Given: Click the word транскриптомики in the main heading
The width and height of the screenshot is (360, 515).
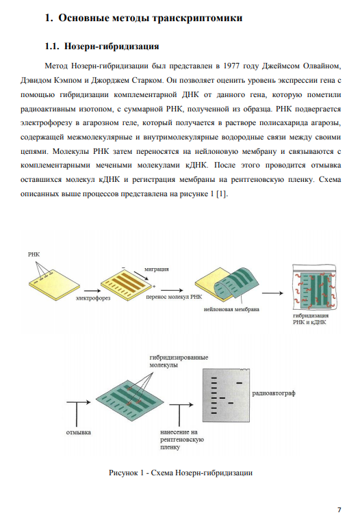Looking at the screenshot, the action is (x=197, y=18).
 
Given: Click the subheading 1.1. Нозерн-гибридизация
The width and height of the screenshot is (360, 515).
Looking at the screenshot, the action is (x=102, y=46).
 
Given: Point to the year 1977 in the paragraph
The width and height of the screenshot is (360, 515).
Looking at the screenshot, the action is (x=231, y=66).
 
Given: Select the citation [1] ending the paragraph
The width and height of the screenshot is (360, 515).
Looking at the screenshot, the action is (x=222, y=194).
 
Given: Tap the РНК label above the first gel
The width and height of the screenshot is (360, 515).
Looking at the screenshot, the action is (x=34, y=254).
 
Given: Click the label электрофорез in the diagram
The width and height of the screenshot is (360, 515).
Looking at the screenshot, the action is (x=93, y=298).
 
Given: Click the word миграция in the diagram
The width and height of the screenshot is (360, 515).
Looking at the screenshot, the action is (x=157, y=269).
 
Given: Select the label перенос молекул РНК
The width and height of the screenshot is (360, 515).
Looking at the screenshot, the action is (x=174, y=297).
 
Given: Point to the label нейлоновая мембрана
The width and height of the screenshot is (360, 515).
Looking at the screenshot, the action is (x=231, y=309).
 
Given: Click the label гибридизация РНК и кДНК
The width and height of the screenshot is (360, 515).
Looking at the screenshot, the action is (x=310, y=319).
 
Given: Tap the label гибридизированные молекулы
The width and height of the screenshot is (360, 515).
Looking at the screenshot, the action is (x=179, y=361).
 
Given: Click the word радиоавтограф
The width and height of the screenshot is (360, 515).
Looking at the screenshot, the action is (x=274, y=393).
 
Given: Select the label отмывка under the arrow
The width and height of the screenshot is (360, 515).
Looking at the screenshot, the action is (x=78, y=432).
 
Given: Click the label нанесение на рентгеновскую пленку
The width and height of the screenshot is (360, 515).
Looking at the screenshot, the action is (x=182, y=440).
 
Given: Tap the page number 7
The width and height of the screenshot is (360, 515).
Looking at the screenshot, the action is (x=339, y=510).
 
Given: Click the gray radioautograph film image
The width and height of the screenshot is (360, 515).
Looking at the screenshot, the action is (x=226, y=395).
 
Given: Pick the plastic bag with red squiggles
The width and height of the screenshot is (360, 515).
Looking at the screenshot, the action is (x=315, y=287).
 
